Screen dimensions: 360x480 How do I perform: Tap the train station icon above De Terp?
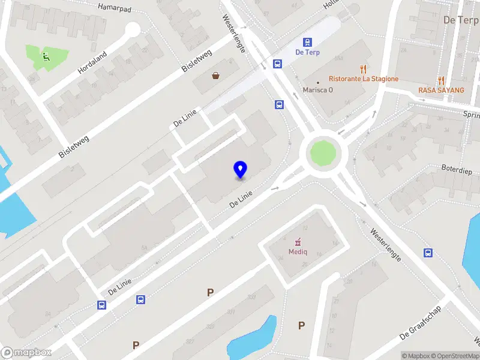307,42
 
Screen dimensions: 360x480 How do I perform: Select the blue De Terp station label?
308,52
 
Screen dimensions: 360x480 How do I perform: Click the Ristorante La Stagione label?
364,79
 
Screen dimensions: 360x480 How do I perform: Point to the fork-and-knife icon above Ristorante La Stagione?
363,68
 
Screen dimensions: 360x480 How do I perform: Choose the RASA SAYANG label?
442,90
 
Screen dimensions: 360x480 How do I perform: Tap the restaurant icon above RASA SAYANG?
442,80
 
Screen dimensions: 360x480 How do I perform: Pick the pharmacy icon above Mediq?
296,242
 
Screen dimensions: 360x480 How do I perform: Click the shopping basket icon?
215,76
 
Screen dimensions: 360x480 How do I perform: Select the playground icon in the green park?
45,58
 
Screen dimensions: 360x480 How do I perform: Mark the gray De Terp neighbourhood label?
460,20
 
